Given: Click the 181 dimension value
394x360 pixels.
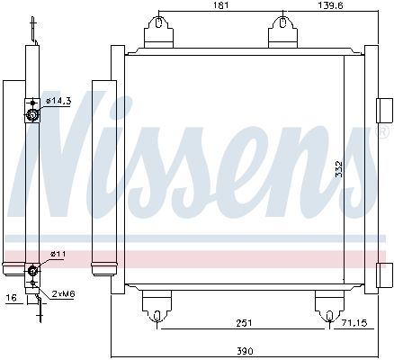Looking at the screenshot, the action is point(221,5).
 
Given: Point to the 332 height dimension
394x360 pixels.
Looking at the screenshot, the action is point(339,169).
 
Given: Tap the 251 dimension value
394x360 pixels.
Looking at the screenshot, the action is point(244,323).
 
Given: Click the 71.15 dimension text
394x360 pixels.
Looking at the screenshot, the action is point(354,323).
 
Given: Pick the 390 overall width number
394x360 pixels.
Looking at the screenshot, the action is point(245,350).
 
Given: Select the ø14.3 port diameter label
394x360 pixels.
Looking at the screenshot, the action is point(58,101).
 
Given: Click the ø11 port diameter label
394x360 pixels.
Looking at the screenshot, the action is point(58,254).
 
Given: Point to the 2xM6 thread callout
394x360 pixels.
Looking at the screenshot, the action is point(63,293).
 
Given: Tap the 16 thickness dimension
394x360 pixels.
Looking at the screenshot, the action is point(12,298).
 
